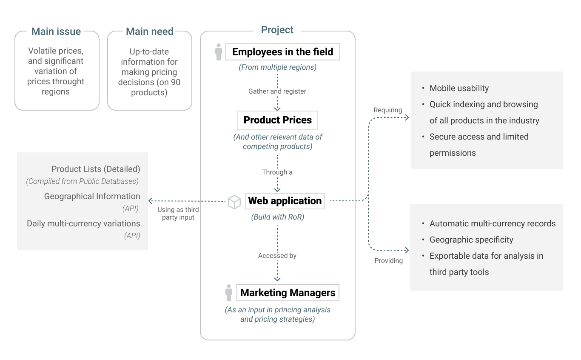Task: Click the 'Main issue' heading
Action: (x=56, y=31)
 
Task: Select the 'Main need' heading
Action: (x=149, y=31)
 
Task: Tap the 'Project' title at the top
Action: (x=277, y=30)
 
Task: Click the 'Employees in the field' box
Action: (x=283, y=52)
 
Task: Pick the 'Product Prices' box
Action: (x=278, y=120)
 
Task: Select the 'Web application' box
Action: (x=285, y=201)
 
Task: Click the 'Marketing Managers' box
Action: (x=288, y=293)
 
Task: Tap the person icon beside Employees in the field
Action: (x=219, y=52)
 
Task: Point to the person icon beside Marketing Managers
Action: (x=229, y=293)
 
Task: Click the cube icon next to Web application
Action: (x=234, y=202)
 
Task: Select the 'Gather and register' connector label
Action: (x=277, y=91)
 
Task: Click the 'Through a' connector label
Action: (x=277, y=172)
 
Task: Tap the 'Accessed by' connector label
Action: (x=277, y=255)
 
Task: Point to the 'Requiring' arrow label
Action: (x=387, y=110)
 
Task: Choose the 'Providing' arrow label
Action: (x=389, y=260)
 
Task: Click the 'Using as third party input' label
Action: (x=178, y=213)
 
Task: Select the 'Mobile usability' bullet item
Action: (x=459, y=88)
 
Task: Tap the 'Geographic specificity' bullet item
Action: (x=471, y=240)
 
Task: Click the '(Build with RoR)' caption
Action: (x=278, y=217)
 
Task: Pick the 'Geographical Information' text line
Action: (x=92, y=196)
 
